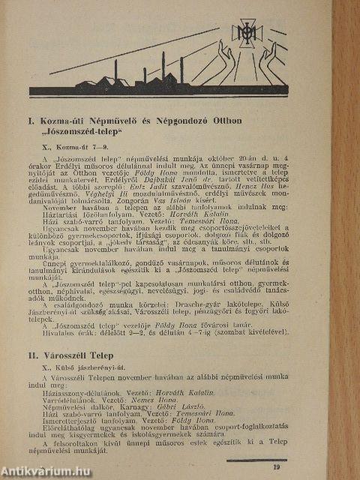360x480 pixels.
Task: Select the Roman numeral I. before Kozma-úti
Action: (33, 118)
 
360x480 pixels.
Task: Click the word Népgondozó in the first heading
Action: (172, 118)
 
